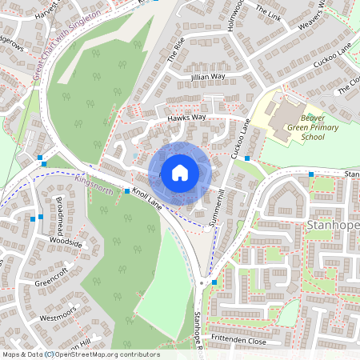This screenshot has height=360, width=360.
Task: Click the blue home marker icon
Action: (180, 171)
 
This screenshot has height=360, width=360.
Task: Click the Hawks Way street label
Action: (186, 118)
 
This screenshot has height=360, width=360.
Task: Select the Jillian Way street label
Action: (208, 77)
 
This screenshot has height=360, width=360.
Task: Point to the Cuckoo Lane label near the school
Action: (242, 138)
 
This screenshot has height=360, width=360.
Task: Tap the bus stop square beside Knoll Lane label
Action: (127, 190)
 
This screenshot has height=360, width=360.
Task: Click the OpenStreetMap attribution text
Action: (80, 354)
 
